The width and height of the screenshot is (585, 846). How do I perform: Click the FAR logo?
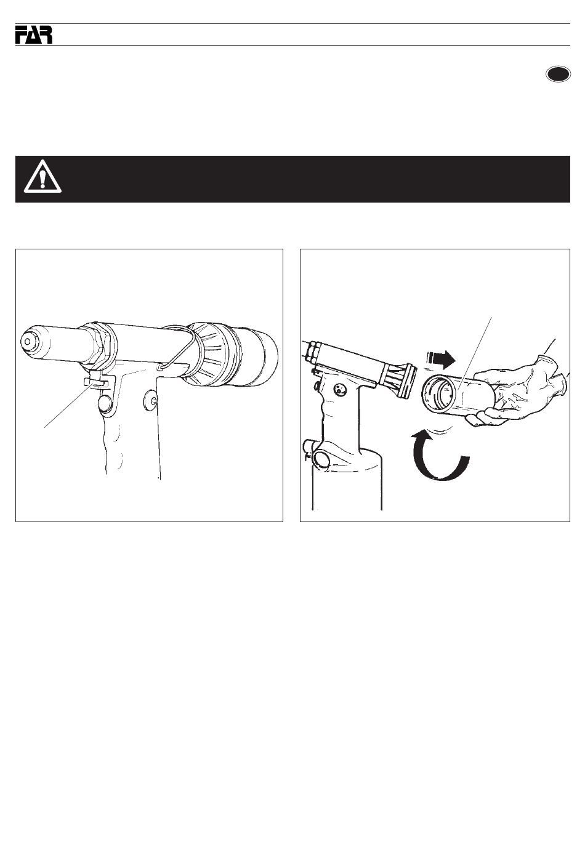[x=34, y=34]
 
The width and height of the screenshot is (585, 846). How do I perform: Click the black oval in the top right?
[x=558, y=74]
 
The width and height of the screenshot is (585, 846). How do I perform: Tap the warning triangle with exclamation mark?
[x=42, y=176]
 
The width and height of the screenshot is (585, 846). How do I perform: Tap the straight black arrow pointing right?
[x=440, y=359]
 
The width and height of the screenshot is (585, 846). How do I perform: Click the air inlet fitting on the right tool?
[x=317, y=457]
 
